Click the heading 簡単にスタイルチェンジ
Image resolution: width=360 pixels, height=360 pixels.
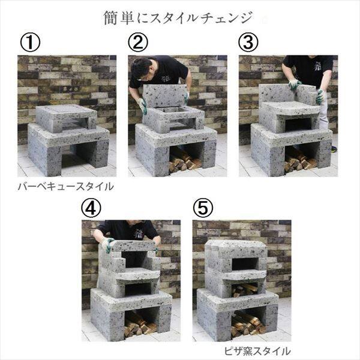click(x=178, y=18)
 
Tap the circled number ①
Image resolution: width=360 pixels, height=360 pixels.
click(x=30, y=42)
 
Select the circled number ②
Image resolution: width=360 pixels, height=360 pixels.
click(x=138, y=42)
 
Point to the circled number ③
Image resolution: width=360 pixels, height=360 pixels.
click(x=248, y=42)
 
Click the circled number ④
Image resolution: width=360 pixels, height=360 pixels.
click(x=91, y=208)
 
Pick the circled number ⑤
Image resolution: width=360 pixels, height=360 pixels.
click(x=203, y=208)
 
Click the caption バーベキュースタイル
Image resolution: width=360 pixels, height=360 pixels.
click(x=66, y=187)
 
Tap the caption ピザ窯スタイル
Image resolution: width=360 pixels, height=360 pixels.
click(x=257, y=351)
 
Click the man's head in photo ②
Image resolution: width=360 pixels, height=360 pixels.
click(x=140, y=67)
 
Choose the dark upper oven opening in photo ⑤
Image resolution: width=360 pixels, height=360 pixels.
click(x=245, y=264)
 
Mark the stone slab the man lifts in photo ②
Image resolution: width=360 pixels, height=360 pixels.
click(x=164, y=96)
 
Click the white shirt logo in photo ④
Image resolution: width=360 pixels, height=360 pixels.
click(x=139, y=233)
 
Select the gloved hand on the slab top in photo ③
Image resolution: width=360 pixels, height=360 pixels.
click(x=295, y=85)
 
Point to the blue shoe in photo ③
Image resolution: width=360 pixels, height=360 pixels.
click(x=334, y=149)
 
